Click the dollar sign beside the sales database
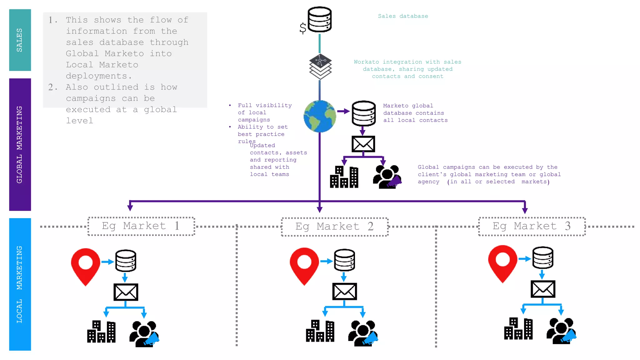pyautogui.click(x=302, y=28)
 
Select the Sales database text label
pyautogui.click(x=403, y=16)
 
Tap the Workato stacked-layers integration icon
pyautogui.click(x=320, y=67)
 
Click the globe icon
pyautogui.click(x=320, y=116)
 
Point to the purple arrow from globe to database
pyautogui.click(x=343, y=111)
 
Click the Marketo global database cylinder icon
pyautogui.click(x=363, y=113)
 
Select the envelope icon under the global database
pyautogui.click(x=363, y=144)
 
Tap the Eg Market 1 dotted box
pyautogui.click(x=141, y=226)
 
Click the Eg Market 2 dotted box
pyautogui.click(x=334, y=227)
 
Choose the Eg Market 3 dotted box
pyautogui.click(x=532, y=226)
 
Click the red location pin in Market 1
pyautogui.click(x=85, y=266)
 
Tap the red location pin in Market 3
pyautogui.click(x=502, y=263)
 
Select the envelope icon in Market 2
pyautogui.click(x=344, y=291)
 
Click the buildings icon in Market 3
pyautogui.click(x=518, y=328)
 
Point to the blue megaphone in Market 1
pyautogui.click(x=152, y=339)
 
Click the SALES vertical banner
pyautogui.click(x=20, y=40)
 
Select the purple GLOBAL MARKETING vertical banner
pyautogui.click(x=20, y=144)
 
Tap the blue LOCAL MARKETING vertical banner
pyautogui.click(x=20, y=284)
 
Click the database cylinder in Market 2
pyautogui.click(x=344, y=260)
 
